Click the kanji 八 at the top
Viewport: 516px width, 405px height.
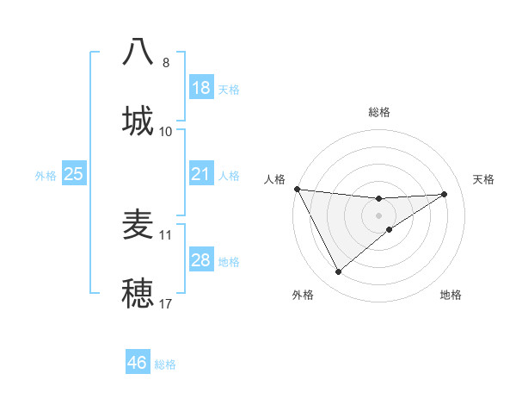[138, 51]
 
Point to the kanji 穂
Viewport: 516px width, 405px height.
[138, 292]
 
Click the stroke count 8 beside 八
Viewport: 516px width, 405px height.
[166, 62]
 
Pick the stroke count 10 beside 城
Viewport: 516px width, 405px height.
[166, 131]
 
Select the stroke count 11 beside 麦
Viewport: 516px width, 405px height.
[166, 234]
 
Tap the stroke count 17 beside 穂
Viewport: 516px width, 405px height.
[166, 303]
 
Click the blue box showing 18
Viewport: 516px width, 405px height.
[201, 88]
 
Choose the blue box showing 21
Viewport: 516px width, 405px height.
[201, 174]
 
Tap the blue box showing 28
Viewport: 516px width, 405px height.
[201, 260]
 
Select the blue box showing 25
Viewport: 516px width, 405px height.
[74, 174]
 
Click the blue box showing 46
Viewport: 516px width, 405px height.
[138, 363]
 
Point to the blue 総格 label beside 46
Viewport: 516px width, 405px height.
[165, 364]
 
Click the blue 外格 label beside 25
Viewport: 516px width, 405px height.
[46, 176]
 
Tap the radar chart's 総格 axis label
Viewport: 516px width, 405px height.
[379, 112]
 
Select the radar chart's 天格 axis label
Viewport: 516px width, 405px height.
[484, 179]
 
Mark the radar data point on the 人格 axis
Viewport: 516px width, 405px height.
[297, 189]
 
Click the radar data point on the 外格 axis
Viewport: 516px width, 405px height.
[338, 272]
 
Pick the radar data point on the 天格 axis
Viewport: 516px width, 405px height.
[445, 194]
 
